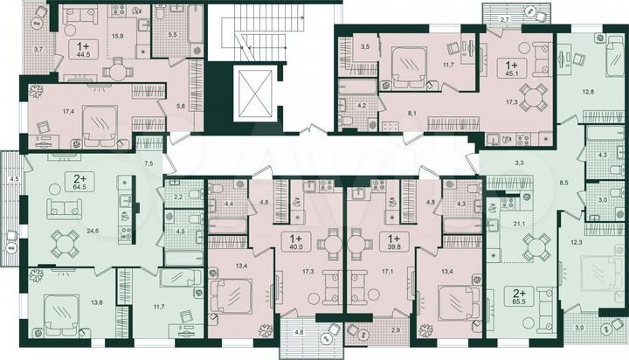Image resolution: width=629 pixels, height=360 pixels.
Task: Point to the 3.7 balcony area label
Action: coord(36,51)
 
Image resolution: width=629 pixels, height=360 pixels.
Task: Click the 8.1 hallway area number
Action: coord(410,113)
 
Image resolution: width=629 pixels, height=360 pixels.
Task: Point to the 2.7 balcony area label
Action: coord(503,18)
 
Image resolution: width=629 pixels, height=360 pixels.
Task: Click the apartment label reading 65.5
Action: coord(512,292)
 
